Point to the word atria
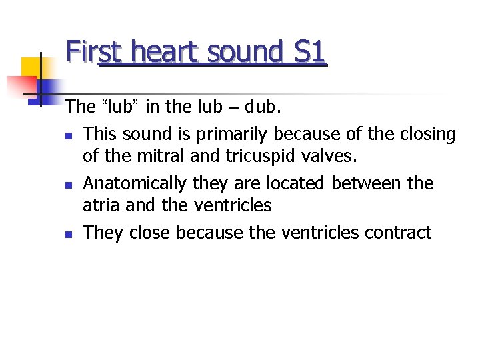pyautogui.click(x=101, y=206)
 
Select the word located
pyautogui.click(x=297, y=183)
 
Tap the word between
pyautogui.click(x=365, y=183)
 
